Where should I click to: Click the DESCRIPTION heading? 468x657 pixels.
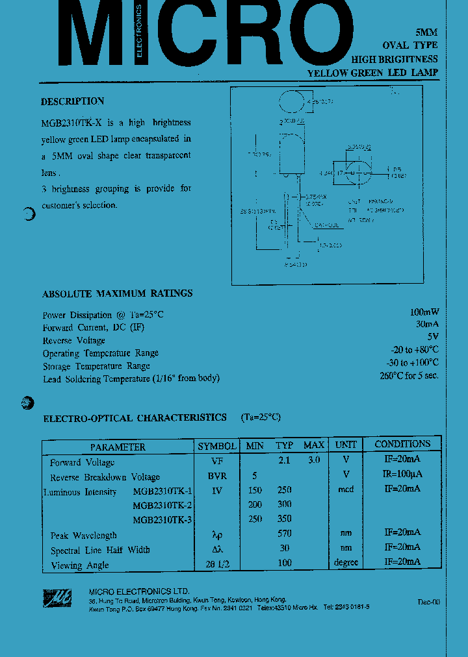click(x=72, y=101)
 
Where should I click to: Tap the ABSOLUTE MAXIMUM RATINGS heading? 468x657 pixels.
click(x=118, y=293)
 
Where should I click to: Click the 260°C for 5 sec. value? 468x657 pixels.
click(x=409, y=376)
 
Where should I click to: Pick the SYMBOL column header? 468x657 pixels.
click(x=217, y=446)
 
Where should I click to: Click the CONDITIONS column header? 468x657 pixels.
click(x=402, y=444)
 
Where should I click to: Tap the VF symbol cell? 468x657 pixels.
click(x=217, y=462)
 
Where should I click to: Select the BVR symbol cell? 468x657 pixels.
click(x=217, y=476)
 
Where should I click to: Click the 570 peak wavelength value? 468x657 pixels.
click(x=284, y=534)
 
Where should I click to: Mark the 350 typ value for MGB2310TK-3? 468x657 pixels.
click(x=284, y=519)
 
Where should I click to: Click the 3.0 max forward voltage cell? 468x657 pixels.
click(x=313, y=460)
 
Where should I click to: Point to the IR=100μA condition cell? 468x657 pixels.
click(x=402, y=475)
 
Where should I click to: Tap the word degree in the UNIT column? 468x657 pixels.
click(x=346, y=563)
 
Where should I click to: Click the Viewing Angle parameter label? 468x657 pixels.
click(x=79, y=565)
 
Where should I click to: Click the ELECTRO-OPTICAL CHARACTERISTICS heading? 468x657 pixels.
click(x=135, y=418)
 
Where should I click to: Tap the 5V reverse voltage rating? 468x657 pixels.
click(x=433, y=337)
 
